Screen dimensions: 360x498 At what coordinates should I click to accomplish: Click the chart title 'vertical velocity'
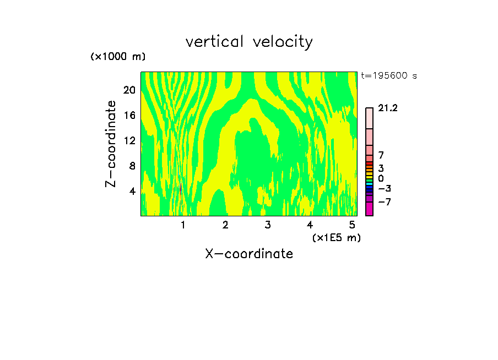(x=249, y=42)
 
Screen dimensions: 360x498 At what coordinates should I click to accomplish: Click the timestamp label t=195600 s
(x=388, y=76)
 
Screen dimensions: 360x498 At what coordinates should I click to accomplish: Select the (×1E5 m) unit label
(x=336, y=237)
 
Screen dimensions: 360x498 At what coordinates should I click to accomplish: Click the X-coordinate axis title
(x=249, y=254)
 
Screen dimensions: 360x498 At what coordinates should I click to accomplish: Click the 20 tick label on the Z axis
(x=129, y=90)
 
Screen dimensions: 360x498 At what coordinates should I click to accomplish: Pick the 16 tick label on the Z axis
(x=129, y=116)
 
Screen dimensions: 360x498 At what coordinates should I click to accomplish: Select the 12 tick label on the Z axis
(x=129, y=141)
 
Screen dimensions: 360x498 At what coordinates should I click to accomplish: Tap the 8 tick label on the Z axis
(x=132, y=166)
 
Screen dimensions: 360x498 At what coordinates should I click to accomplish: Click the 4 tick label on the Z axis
(x=132, y=192)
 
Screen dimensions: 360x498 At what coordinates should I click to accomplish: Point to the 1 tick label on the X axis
(x=183, y=225)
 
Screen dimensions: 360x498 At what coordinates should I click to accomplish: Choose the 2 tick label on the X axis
(x=225, y=225)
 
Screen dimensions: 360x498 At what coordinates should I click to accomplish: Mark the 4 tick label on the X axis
(x=310, y=225)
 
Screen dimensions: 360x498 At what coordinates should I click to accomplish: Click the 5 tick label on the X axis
(x=352, y=225)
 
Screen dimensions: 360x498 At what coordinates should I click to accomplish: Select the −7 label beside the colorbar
(x=385, y=202)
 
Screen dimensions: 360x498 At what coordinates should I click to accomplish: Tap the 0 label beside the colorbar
(x=381, y=179)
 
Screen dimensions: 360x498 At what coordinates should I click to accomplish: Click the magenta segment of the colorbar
(x=369, y=209)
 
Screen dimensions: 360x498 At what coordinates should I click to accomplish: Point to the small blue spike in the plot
(x=181, y=188)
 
